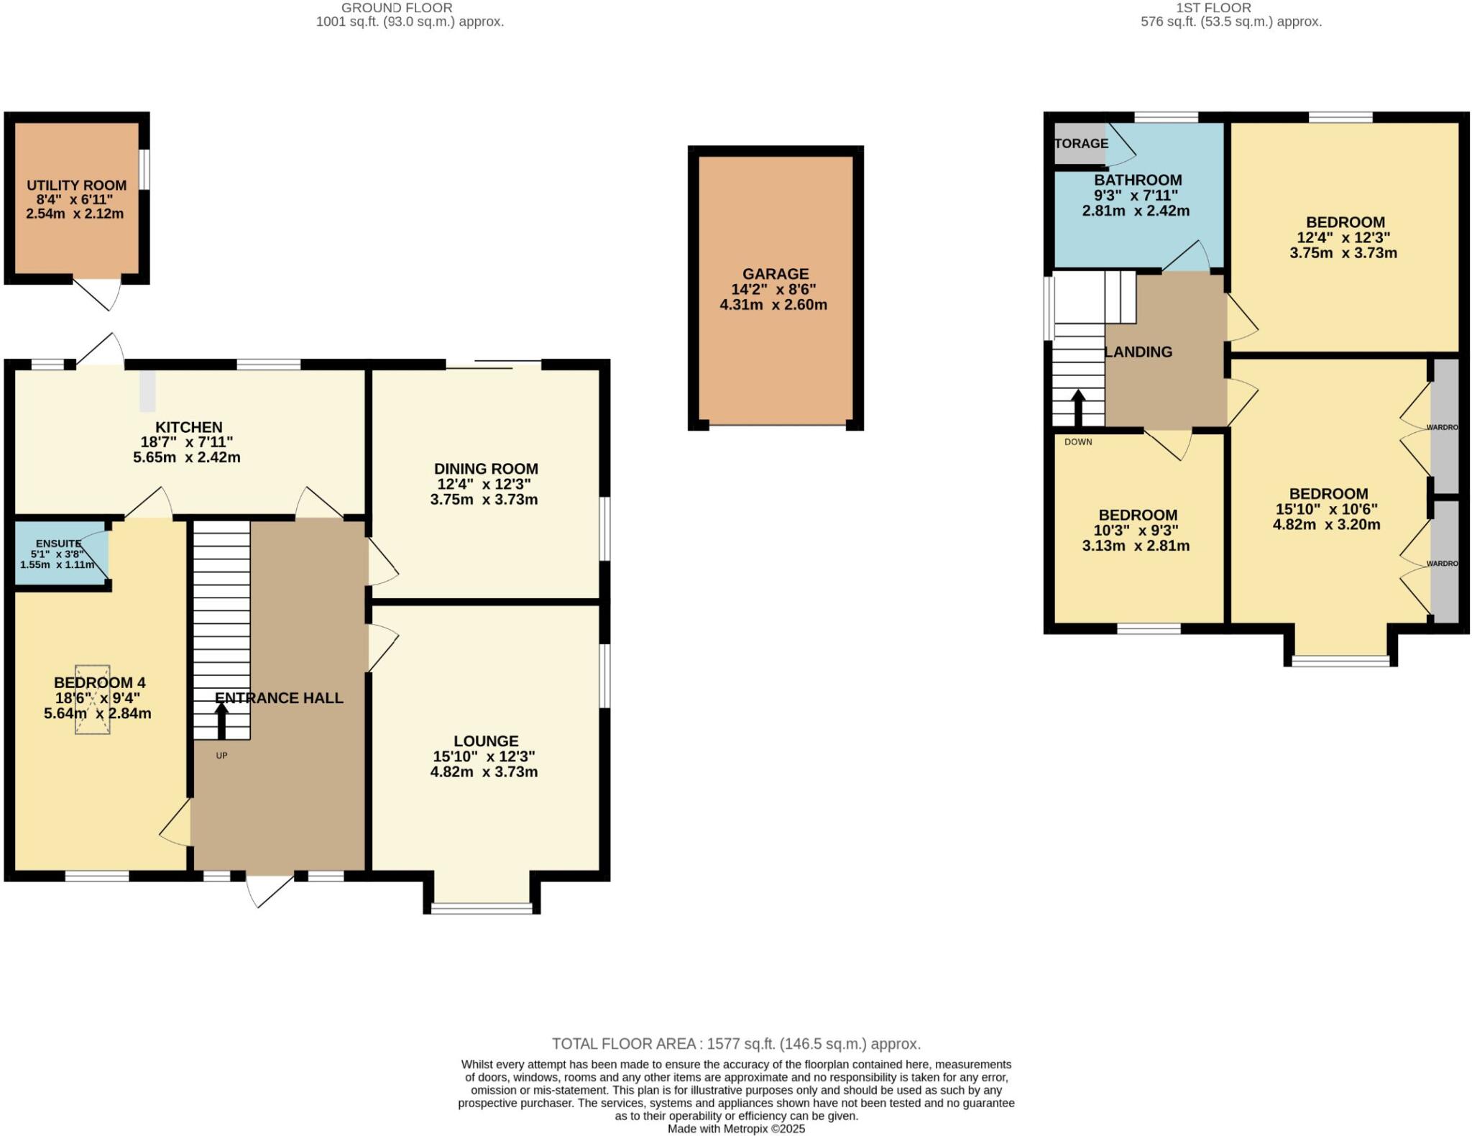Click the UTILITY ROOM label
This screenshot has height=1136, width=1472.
click(x=76, y=185)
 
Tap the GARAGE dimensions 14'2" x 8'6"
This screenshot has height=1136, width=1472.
click(x=775, y=290)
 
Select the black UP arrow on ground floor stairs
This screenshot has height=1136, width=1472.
click(x=221, y=720)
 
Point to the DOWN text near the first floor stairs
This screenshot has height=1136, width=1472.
click(x=1078, y=442)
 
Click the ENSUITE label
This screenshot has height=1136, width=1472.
click(x=59, y=544)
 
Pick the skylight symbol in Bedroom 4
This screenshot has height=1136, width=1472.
click(x=92, y=700)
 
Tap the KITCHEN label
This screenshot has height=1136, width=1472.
click(x=189, y=427)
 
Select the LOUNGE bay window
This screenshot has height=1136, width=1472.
click(x=482, y=908)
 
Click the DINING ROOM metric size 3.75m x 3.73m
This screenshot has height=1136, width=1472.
click(x=484, y=500)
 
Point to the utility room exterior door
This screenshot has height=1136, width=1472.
click(x=101, y=294)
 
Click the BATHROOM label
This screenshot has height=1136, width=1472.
click(x=1138, y=180)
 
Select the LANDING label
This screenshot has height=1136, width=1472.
click(x=1138, y=352)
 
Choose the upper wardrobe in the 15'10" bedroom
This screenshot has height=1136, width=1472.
click(x=1445, y=427)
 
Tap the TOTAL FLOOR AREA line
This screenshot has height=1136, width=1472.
click(x=736, y=1044)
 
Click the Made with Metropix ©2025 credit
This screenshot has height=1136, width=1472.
click(x=736, y=1129)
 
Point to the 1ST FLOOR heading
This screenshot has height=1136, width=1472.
click(x=1223, y=8)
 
